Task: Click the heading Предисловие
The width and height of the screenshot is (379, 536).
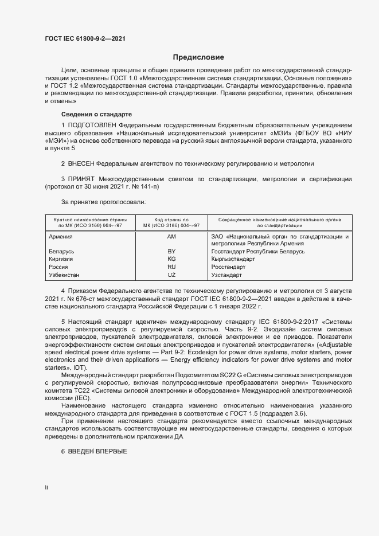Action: pyautogui.click(x=198, y=57)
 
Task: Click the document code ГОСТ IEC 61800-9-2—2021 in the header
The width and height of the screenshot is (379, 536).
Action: pyautogui.click(x=85, y=38)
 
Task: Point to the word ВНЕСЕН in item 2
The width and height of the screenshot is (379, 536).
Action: pyautogui.click(x=82, y=164)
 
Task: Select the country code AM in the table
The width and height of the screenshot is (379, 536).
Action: pyautogui.click(x=171, y=236)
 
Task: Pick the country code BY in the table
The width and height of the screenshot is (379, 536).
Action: pyautogui.click(x=171, y=252)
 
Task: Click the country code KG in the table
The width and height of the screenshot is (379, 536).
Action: pyautogui.click(x=171, y=259)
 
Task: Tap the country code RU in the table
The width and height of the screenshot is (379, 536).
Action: pyautogui.click(x=171, y=267)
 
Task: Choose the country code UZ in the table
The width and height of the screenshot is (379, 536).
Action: pyautogui.click(x=171, y=275)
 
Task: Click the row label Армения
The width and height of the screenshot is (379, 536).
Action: pyautogui.click(x=60, y=236)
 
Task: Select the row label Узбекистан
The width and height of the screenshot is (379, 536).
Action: pyautogui.click(x=64, y=275)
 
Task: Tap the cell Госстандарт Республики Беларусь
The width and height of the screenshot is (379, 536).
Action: pyautogui.click(x=258, y=252)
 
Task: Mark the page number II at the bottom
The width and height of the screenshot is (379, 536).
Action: pyautogui.click(x=46, y=487)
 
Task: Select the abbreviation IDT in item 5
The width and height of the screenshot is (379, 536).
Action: pyautogui.click(x=79, y=383)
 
